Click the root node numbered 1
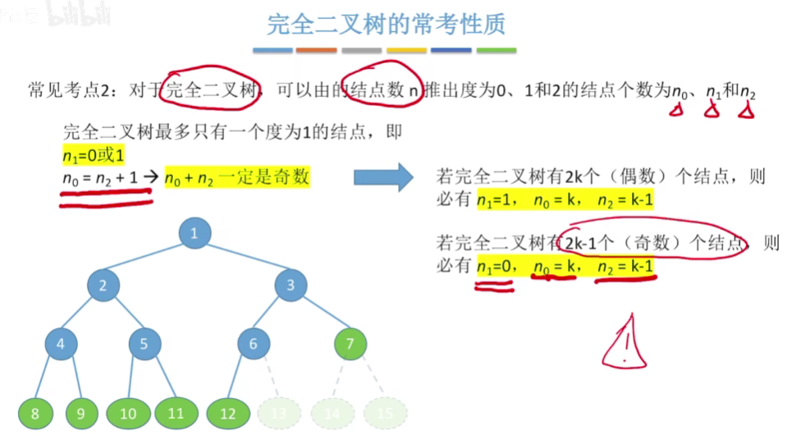tap(194, 233)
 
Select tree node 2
tap(103, 286)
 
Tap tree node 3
tap(290, 286)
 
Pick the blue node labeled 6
tap(254, 344)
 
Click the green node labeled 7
tap(350, 344)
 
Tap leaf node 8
tap(34, 414)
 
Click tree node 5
tap(144, 344)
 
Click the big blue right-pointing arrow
tap(382, 176)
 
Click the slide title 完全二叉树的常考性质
tap(386, 24)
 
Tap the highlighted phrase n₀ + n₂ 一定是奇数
tap(236, 176)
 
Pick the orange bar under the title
tap(317, 51)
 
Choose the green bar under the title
tap(496, 51)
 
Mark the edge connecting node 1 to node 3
tap(243, 259)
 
